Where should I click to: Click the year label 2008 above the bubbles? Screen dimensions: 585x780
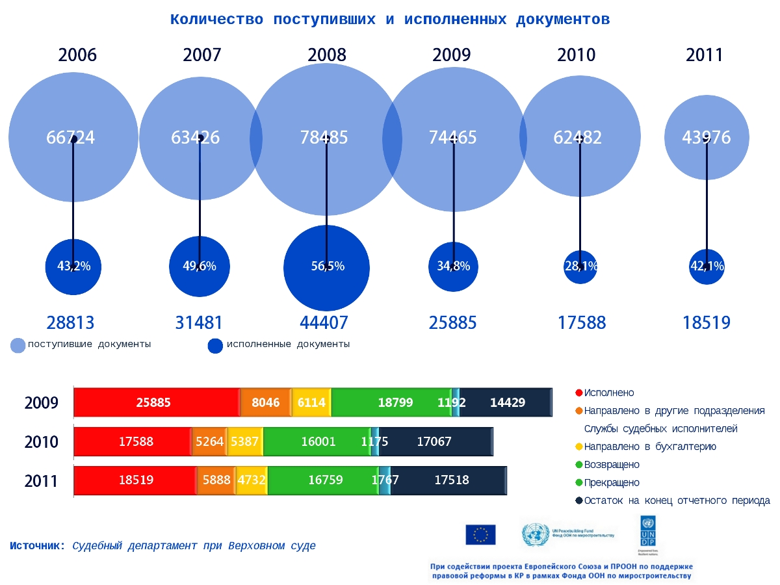(x=327, y=55)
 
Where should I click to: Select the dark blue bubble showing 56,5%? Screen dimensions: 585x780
(x=327, y=267)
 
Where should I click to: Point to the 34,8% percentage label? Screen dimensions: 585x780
(x=454, y=266)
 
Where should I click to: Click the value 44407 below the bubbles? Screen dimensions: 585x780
(x=324, y=322)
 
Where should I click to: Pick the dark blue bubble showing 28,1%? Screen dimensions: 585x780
(x=580, y=266)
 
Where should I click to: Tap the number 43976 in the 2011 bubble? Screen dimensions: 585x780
(x=707, y=138)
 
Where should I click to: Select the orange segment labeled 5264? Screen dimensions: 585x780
(x=209, y=442)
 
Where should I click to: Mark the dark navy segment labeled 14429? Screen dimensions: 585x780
(x=507, y=402)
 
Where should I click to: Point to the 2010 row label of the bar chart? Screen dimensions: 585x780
(x=42, y=443)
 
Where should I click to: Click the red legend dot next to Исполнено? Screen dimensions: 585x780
(x=578, y=393)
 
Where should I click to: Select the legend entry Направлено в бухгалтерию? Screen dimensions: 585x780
(x=650, y=447)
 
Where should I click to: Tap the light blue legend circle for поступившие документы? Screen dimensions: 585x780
(x=18, y=346)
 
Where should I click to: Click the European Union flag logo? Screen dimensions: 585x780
(x=480, y=534)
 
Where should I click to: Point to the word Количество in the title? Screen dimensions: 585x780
(x=216, y=19)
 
